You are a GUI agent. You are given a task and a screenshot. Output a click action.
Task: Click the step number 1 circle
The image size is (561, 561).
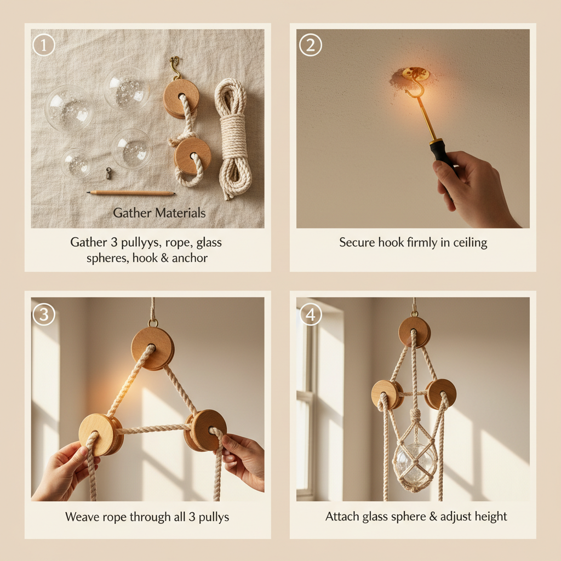tap(44, 45)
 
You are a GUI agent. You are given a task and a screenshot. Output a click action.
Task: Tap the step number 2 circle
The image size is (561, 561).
tap(310, 45)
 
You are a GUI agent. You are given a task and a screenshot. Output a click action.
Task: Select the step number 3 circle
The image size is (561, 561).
tap(44, 314)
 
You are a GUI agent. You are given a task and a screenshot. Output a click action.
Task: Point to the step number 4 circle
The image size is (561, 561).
tap(310, 314)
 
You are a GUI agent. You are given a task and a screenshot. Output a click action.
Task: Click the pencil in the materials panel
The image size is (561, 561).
tap(131, 193)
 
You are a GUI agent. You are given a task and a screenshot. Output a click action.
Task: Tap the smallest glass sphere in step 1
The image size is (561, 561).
tap(76, 163)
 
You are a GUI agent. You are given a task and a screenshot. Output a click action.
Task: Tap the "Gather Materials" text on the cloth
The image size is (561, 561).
tap(159, 213)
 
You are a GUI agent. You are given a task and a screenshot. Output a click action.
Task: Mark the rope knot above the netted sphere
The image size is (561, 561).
tap(415, 416)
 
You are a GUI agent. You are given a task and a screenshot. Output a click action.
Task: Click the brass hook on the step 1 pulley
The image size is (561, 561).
tap(175, 67)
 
